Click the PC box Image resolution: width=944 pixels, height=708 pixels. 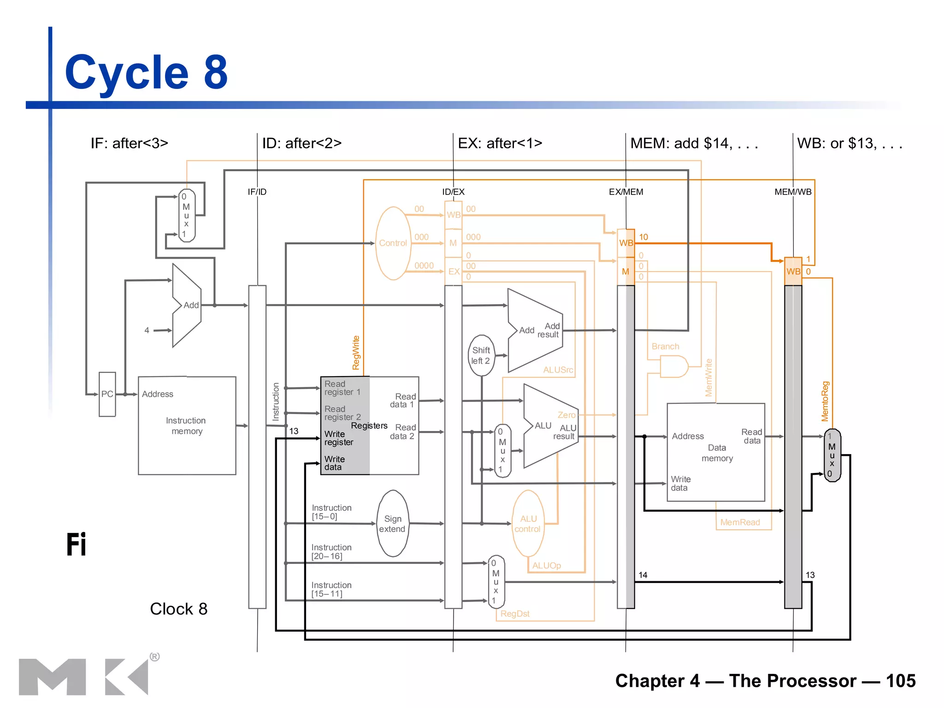(x=107, y=394)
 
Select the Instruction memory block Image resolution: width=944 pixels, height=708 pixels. (x=187, y=425)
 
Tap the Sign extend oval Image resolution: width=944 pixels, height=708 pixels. (x=393, y=524)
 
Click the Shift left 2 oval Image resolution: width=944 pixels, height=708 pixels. (x=481, y=355)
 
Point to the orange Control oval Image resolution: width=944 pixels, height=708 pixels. (x=393, y=243)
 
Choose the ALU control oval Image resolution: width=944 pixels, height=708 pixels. (x=528, y=524)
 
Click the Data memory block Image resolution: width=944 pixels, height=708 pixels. (x=716, y=452)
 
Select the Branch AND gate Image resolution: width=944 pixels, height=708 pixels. (x=673, y=366)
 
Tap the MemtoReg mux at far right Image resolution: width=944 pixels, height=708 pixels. (x=832, y=455)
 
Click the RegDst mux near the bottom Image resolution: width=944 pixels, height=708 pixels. (x=496, y=582)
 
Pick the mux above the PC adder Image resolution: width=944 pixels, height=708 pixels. (x=186, y=215)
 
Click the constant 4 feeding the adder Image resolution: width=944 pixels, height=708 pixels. (x=147, y=330)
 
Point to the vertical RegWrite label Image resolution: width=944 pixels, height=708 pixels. (x=356, y=353)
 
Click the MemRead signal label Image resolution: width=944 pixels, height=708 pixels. (x=740, y=522)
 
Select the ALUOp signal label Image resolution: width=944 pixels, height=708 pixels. (x=546, y=566)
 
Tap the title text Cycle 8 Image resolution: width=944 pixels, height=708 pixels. (x=146, y=72)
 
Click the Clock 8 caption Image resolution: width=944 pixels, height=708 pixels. (x=178, y=609)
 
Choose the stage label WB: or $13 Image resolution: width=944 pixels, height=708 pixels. (x=849, y=143)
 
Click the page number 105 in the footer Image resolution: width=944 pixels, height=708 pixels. (x=900, y=681)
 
